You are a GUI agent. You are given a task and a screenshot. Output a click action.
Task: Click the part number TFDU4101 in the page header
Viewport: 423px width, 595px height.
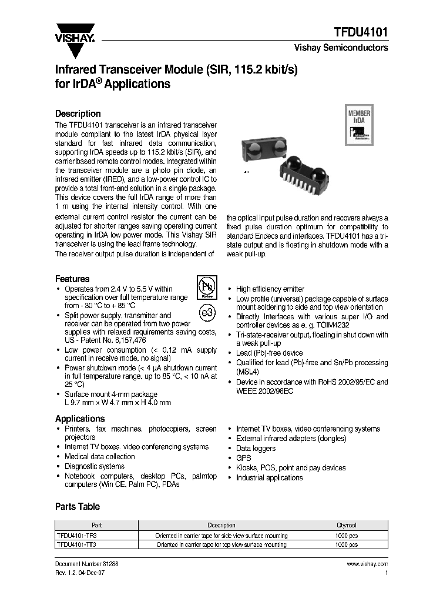pos(360,32)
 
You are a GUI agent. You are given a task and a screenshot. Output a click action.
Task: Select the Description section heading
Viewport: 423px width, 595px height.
pos(78,113)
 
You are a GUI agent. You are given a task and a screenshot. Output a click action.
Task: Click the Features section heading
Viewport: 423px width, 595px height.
pos(72,279)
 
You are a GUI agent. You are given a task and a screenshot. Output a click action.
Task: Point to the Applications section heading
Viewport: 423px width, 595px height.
pos(80,418)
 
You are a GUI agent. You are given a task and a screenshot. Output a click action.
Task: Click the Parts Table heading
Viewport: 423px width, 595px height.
pos(77,506)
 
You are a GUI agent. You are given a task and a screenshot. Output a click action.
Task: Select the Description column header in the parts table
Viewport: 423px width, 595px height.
pos(221,525)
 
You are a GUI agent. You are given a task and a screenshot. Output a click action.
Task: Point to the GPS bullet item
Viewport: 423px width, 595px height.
pos(243,458)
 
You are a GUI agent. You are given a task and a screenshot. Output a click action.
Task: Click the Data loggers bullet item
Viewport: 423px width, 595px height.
pos(256,448)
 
